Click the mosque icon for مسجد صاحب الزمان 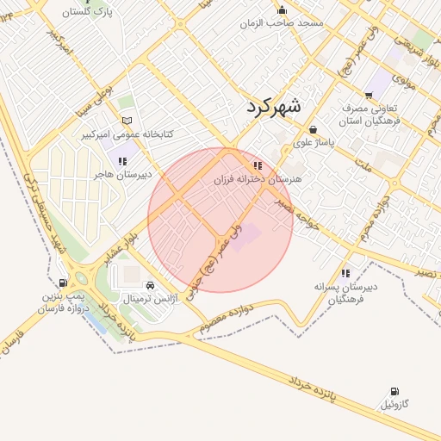[x=281, y=10]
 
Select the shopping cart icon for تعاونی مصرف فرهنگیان [x=369, y=96]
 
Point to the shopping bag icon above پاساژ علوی [x=312, y=129]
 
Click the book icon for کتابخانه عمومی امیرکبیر [x=127, y=121]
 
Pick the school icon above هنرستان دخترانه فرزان [x=257, y=165]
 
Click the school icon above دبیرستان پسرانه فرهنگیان [x=345, y=273]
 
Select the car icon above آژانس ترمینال [x=151, y=285]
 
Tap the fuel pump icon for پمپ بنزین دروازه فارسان [x=63, y=283]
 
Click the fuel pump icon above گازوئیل [x=394, y=392]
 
